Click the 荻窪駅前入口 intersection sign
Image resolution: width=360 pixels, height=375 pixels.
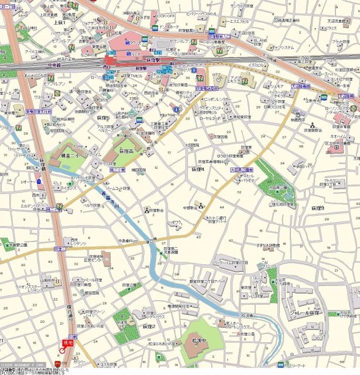[220, 35]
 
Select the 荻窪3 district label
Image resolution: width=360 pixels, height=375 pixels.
[317, 208]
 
